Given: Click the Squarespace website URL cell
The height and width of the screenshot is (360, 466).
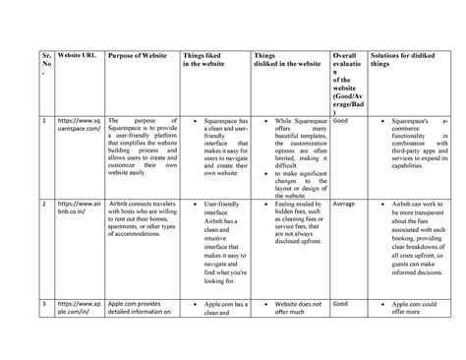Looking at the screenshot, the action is pyautogui.click(x=78, y=127).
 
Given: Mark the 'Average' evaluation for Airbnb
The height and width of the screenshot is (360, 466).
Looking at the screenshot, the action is pyautogui.click(x=344, y=205).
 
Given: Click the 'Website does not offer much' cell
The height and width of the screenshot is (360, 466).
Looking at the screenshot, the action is pyautogui.click(x=289, y=311).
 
